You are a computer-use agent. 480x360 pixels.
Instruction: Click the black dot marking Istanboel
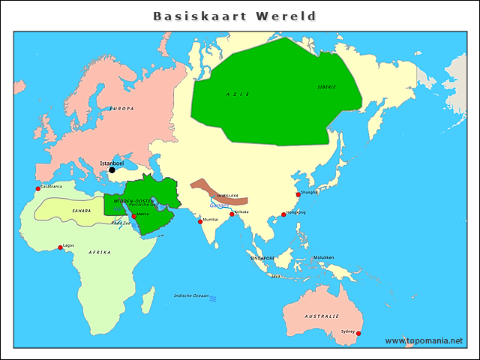point(112,170)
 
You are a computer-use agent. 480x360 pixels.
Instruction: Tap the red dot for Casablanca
point(37,188)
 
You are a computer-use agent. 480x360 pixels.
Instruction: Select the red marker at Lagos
point(61,247)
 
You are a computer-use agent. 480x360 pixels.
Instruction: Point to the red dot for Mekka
point(134,216)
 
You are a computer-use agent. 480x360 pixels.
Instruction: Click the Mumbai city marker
point(200,221)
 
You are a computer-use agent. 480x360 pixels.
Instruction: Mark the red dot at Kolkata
point(232,214)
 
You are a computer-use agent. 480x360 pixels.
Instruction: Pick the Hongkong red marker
point(283,214)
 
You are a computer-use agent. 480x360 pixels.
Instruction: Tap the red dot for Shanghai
point(298,194)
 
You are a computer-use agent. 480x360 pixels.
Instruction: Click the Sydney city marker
point(358,333)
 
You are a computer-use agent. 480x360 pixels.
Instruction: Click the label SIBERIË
point(327,87)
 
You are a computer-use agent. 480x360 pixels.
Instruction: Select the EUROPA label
point(121,109)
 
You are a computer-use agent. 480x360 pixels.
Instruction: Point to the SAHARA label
point(81,211)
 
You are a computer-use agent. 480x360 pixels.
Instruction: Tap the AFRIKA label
point(100,252)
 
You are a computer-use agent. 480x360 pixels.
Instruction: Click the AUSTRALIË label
point(322,316)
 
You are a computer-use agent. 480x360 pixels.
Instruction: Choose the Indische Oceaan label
point(191,295)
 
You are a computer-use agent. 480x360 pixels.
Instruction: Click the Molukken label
point(323,257)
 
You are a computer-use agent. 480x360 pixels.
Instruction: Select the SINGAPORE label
point(262,257)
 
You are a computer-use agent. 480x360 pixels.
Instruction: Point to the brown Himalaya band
point(217,190)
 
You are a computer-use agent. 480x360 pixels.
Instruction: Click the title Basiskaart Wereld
point(234,16)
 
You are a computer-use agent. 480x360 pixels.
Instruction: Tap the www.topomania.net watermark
point(424,340)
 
